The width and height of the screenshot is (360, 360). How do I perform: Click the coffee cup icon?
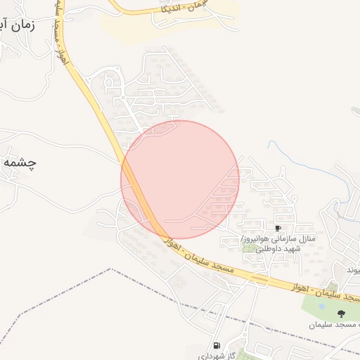[278, 229]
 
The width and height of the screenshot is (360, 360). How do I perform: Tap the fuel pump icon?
[217, 345]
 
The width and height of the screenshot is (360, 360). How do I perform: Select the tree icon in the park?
[342, 314]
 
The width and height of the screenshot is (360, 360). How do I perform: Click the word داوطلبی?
[268, 249]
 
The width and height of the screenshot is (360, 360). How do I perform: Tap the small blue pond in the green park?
[321, 306]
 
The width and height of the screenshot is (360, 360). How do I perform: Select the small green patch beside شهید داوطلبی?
[246, 248]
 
